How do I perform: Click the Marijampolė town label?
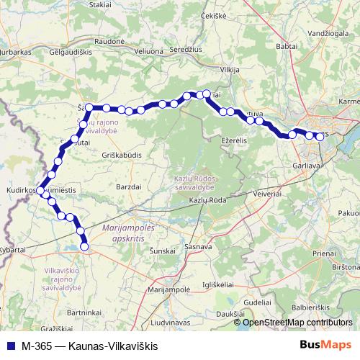coord(168,289)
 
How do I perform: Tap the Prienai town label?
coord(325,253)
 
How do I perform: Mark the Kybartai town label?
coord(14,248)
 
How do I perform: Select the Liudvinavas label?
coord(176,315)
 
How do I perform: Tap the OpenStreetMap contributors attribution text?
coord(297,323)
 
